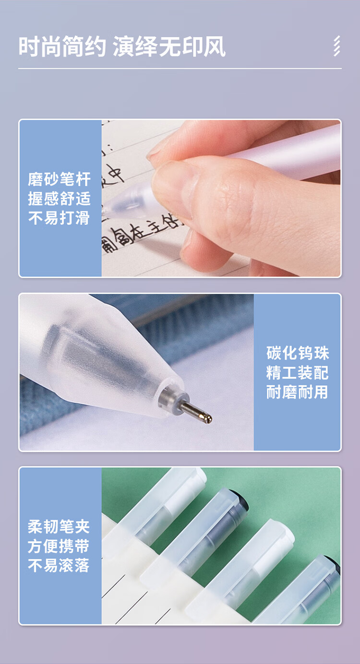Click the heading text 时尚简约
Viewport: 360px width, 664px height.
tap(62, 47)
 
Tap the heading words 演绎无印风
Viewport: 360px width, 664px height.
tap(169, 47)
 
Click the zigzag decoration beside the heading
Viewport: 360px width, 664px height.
tap(336, 47)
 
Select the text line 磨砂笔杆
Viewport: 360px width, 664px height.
tap(60, 179)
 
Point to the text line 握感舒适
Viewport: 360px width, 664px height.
tap(60, 199)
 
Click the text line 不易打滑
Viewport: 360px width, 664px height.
tap(60, 218)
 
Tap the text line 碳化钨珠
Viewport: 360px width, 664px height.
tap(298, 353)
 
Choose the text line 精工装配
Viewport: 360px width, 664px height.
tap(298, 373)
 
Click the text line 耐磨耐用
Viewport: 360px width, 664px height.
tap(298, 392)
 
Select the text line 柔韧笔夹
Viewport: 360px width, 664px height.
tap(60, 527)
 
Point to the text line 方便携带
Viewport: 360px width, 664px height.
tap(60, 546)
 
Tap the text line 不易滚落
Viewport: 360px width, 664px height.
tap(60, 565)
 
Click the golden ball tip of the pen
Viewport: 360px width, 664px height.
tap(208, 418)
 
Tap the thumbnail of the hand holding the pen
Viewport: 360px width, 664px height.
tap(221, 198)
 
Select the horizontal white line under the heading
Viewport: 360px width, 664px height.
tap(180, 69)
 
